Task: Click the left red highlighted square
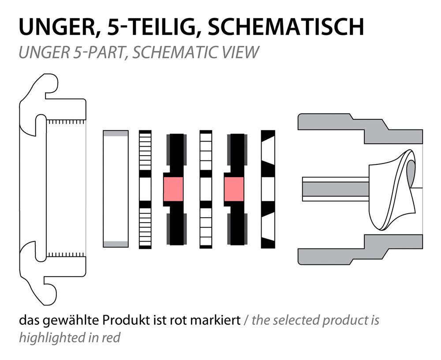click(173, 189)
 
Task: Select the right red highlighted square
click(234, 189)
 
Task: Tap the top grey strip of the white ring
click(116, 133)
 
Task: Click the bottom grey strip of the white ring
click(116, 244)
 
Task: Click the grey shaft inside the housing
click(335, 189)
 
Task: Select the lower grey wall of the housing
click(360, 249)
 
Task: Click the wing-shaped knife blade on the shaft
click(392, 191)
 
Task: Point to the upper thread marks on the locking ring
click(66, 122)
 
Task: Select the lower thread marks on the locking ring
click(66, 255)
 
